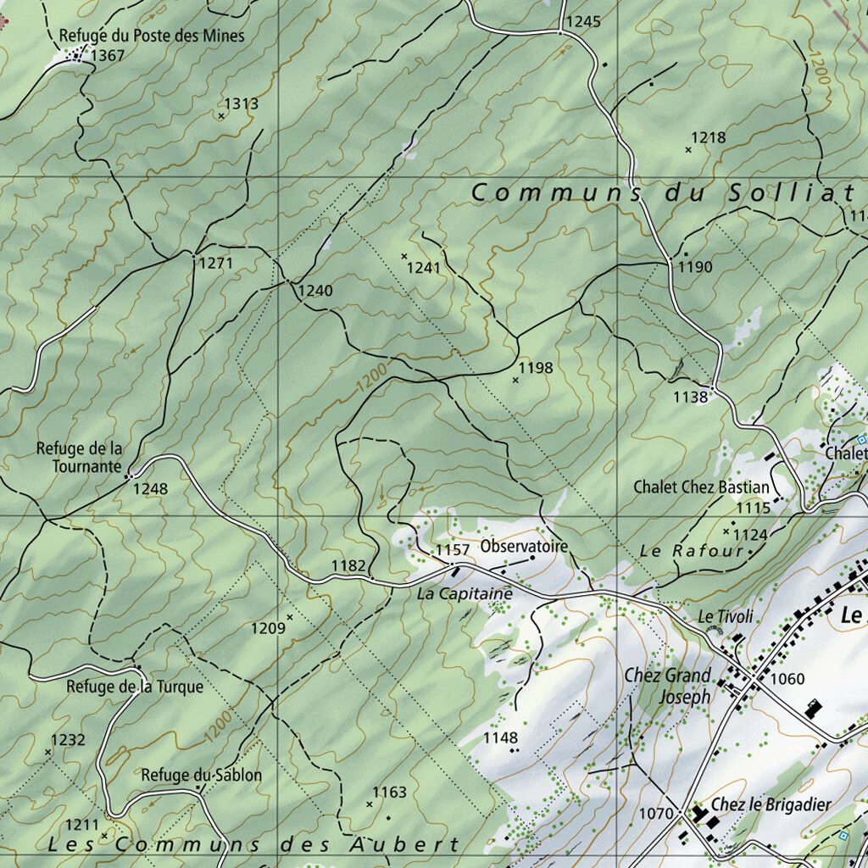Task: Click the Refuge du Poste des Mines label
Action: [x=151, y=36]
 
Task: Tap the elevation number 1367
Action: [x=108, y=56]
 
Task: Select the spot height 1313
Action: [x=242, y=104]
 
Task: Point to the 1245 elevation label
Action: [x=583, y=21]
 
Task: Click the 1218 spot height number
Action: [x=709, y=138]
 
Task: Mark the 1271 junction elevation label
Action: [x=215, y=264]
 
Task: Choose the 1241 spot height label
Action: [x=424, y=268]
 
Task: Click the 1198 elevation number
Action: [x=536, y=368]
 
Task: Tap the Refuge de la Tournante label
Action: [x=79, y=457]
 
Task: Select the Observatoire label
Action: [x=523, y=547]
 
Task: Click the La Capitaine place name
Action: [x=465, y=594]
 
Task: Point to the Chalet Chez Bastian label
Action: [x=701, y=487]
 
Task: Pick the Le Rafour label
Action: [x=691, y=551]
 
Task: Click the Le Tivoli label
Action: [x=726, y=616]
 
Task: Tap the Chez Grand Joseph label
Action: [x=667, y=686]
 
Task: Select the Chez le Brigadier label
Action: [x=771, y=804]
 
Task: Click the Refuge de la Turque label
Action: [x=135, y=687]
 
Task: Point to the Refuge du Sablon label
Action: [x=201, y=775]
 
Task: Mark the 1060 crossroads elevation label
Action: [x=787, y=679]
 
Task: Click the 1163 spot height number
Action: [x=390, y=793]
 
